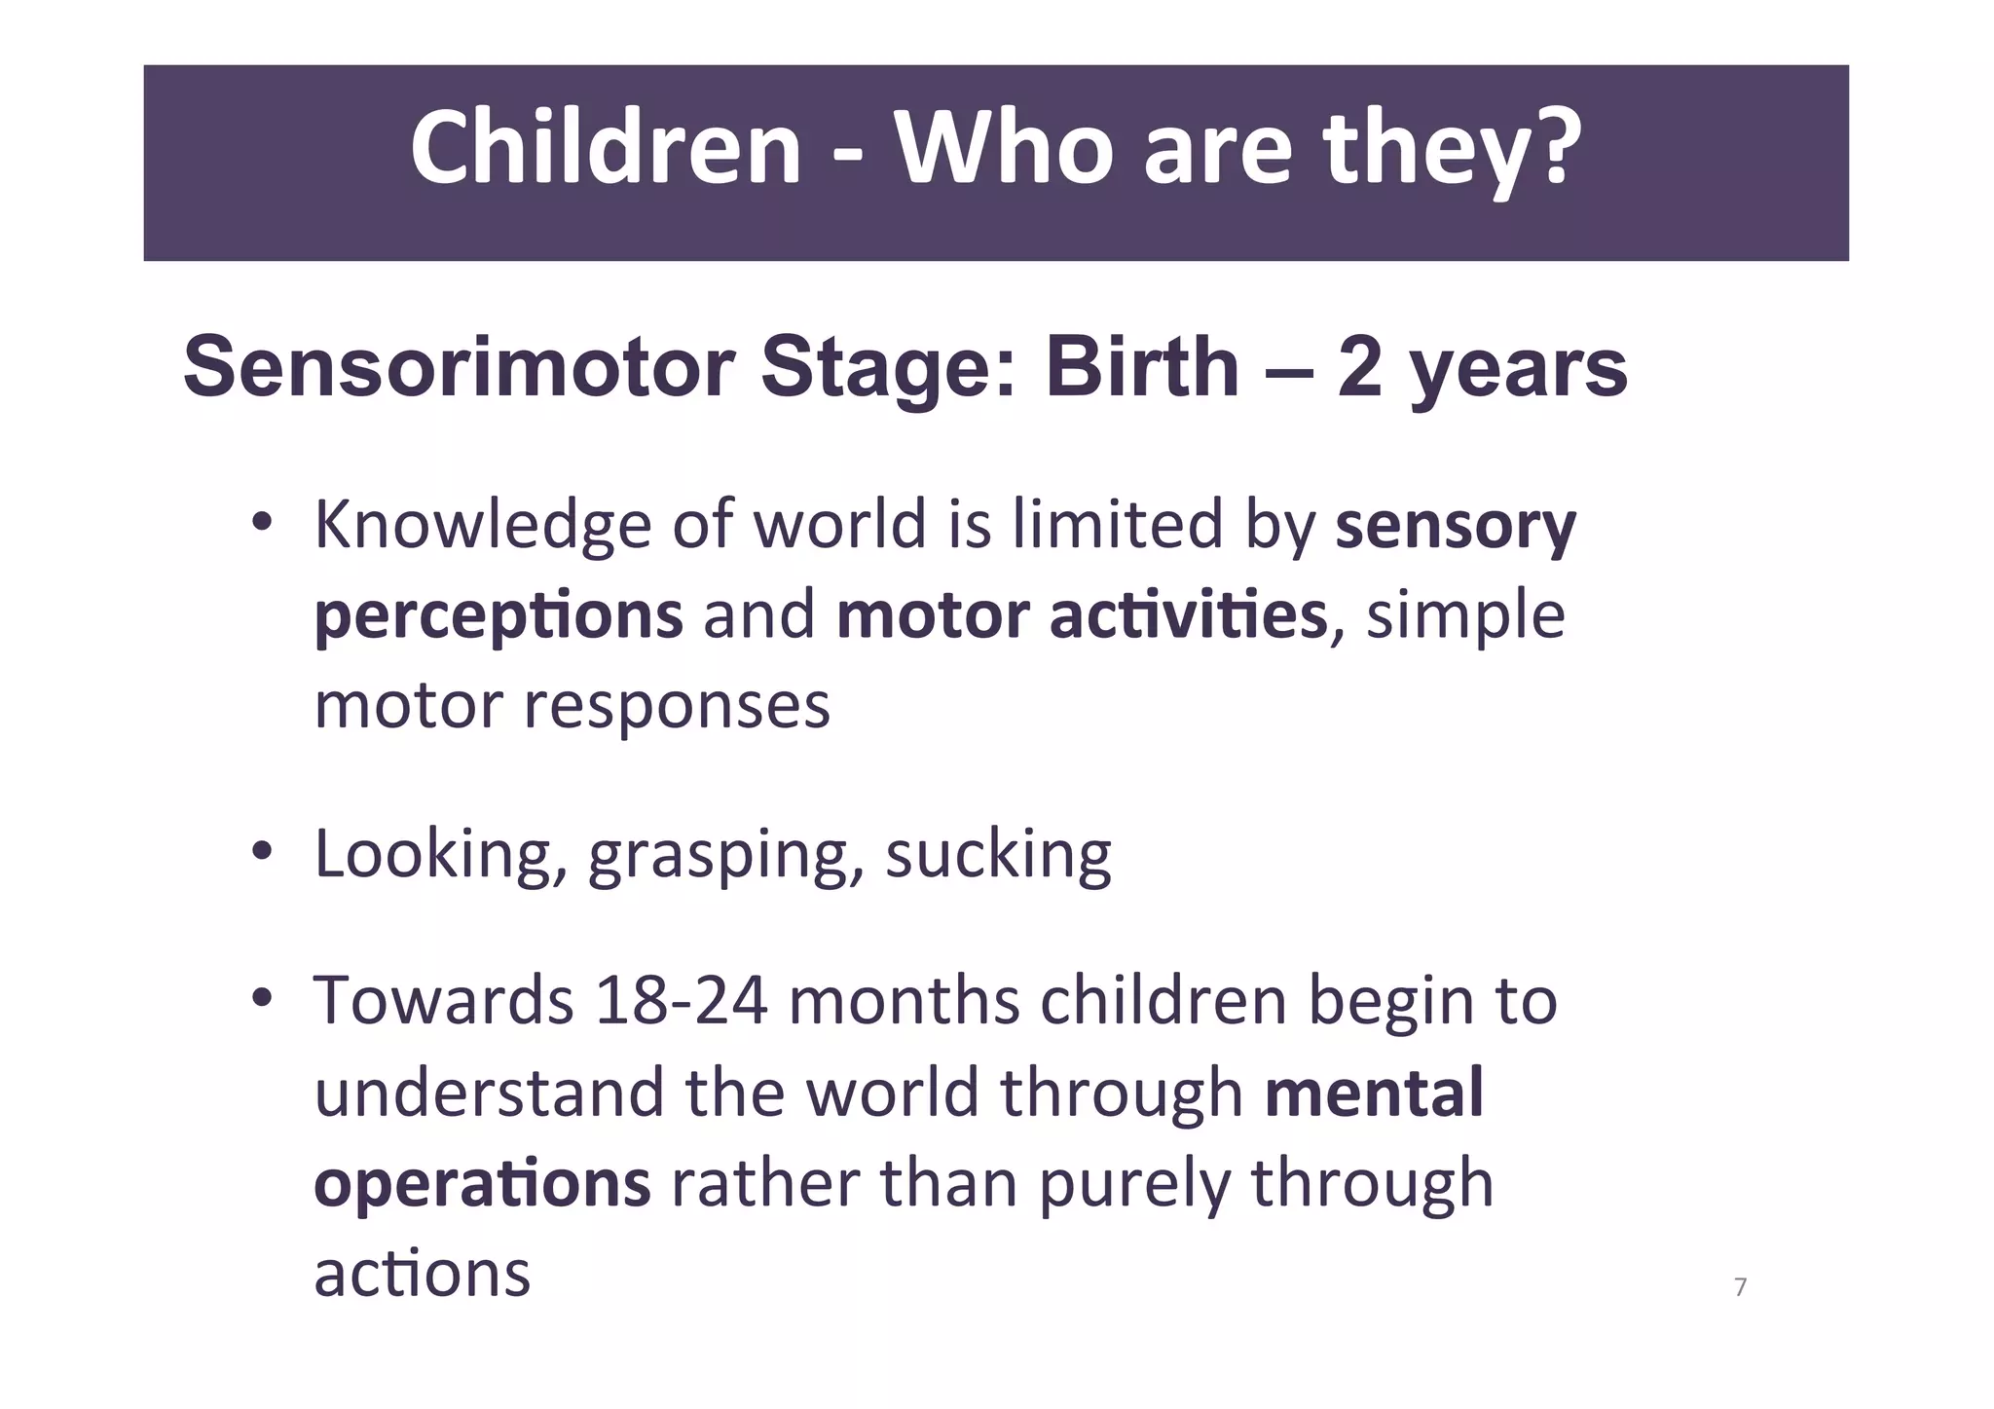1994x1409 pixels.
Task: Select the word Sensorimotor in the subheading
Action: pos(459,367)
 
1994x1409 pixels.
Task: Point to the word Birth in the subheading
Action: pos(1142,367)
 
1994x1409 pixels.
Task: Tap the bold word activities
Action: pos(1188,615)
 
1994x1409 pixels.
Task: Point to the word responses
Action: pos(677,706)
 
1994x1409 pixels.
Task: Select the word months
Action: pos(905,1001)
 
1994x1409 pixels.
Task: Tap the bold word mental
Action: pos(1374,1092)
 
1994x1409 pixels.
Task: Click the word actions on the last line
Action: pos(422,1274)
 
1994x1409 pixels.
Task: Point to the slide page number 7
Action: pos(1741,1287)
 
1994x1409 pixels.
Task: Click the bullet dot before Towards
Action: pos(260,999)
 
